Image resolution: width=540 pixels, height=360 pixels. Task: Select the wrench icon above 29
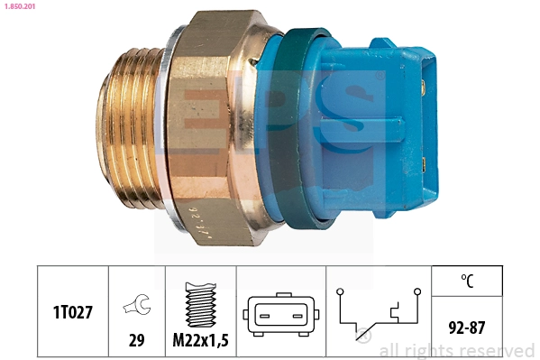136,307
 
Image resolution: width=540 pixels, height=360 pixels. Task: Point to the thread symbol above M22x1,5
200,303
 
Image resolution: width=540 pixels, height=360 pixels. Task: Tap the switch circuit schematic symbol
378,314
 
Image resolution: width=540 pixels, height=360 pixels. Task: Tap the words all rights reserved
456,351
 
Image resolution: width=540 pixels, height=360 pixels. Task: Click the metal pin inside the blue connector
423,88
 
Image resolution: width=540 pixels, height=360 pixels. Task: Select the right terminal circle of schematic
417,291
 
